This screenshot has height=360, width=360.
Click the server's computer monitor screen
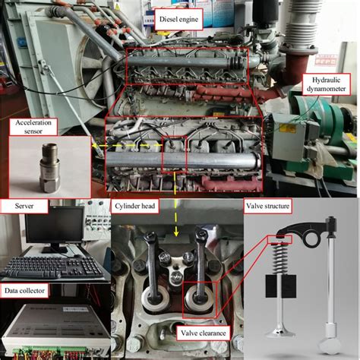(x=54, y=226)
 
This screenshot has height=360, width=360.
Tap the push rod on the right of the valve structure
(x=330, y=281)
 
